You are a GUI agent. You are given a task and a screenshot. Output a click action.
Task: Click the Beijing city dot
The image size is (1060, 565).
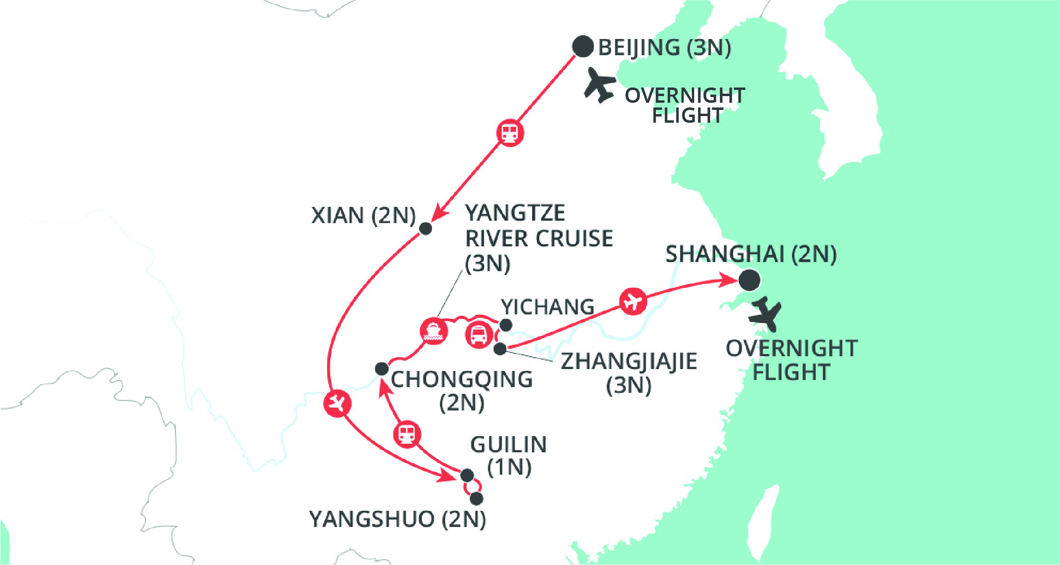pyautogui.click(x=583, y=47)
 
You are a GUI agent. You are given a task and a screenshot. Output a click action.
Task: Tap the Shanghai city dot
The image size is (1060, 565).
pyautogui.click(x=749, y=280)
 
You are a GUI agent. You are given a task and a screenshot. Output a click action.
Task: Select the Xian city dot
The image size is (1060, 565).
pyautogui.click(x=426, y=229)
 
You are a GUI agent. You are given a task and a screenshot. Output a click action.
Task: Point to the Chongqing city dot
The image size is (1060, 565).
pyautogui.click(x=382, y=369)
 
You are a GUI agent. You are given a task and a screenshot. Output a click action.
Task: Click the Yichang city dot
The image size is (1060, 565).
pyautogui.click(x=506, y=325)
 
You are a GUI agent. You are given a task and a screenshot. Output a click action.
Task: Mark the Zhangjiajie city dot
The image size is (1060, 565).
pyautogui.click(x=500, y=349)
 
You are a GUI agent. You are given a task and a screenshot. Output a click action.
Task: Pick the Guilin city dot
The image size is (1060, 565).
pyautogui.click(x=467, y=475)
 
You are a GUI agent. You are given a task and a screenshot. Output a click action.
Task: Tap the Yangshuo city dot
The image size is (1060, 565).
pyautogui.click(x=476, y=498)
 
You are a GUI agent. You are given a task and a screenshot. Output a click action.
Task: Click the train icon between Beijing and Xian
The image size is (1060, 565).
pyautogui.click(x=510, y=133)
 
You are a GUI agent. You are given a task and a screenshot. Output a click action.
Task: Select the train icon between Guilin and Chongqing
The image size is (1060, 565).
pyautogui.click(x=407, y=434)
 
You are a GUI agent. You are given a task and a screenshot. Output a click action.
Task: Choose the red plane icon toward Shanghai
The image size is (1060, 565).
pyautogui.click(x=633, y=301)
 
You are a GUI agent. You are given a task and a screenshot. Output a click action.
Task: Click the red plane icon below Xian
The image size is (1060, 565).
pyautogui.click(x=337, y=404)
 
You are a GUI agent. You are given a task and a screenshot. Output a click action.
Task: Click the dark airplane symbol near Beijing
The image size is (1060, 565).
pyautogui.click(x=600, y=85)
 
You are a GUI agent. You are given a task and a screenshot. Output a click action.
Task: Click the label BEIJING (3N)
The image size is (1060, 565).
pyautogui.click(x=664, y=48)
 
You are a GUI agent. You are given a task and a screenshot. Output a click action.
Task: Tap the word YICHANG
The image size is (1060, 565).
pyautogui.click(x=548, y=307)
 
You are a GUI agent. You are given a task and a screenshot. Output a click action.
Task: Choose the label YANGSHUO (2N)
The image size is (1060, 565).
pyautogui.click(x=398, y=519)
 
